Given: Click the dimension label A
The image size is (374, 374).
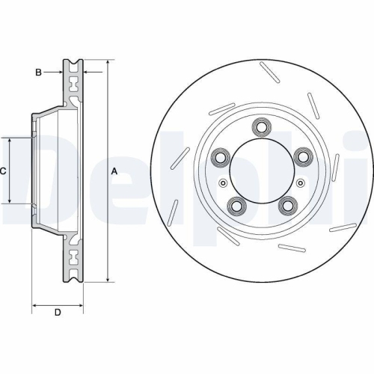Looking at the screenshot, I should [x=114, y=171].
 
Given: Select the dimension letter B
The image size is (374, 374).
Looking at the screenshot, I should [x=38, y=72].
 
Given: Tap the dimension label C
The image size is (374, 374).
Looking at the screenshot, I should [x=3, y=171].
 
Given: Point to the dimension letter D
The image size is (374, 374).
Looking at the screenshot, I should [x=58, y=312].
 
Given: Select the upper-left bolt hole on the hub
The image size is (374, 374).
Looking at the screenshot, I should [x=221, y=156].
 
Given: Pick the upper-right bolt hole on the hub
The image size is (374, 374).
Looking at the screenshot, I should [x=303, y=156].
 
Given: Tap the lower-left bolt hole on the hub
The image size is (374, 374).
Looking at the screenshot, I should [x=236, y=205].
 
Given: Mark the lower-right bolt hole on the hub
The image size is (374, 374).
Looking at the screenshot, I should [x=287, y=205].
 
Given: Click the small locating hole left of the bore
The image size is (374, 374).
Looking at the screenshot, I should [x=221, y=183].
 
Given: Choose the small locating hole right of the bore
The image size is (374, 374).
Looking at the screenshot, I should [x=302, y=183].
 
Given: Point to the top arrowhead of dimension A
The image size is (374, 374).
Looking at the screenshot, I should [x=108, y=62].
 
